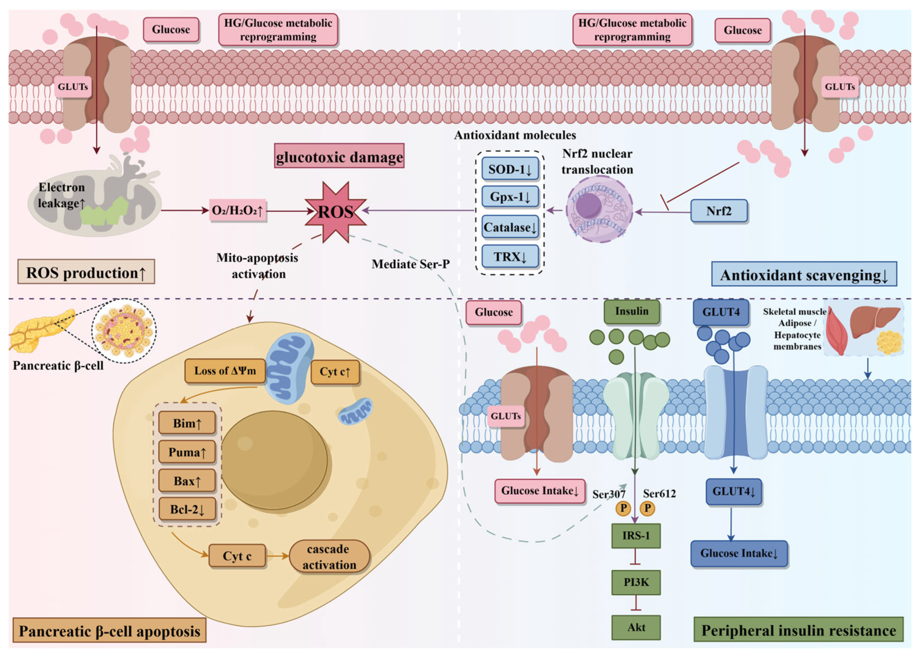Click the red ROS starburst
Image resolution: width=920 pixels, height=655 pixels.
coord(335,212)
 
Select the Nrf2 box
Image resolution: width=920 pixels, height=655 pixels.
coord(719,211)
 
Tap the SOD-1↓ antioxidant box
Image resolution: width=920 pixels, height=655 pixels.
coord(510,169)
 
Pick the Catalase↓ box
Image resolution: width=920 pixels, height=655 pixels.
coord(510,227)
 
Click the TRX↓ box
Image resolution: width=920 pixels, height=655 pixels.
coord(510,257)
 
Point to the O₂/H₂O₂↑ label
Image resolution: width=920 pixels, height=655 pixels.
coord(237,210)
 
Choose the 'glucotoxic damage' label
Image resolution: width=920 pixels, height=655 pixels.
coord(339,156)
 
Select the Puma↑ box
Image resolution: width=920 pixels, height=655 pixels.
coord(187,452)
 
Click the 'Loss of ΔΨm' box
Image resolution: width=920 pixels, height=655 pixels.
coord(225,371)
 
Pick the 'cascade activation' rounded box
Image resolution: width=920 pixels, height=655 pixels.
coord(329,557)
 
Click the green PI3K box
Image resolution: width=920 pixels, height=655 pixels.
coord(636,582)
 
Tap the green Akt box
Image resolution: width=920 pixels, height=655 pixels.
coord(636,628)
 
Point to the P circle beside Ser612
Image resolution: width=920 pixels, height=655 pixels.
coord(648,508)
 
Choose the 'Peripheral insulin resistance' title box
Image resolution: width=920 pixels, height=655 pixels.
coord(799,630)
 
